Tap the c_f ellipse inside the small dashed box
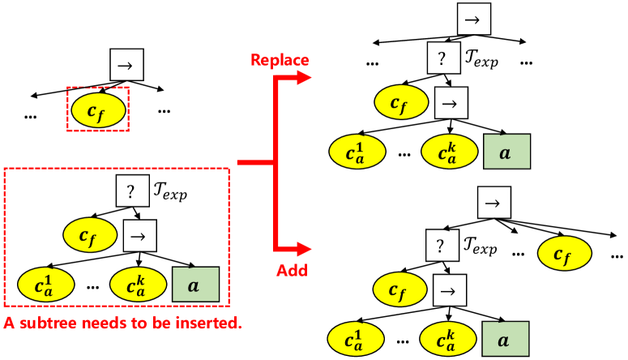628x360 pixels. [98, 109]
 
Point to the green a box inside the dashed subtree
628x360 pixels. [195, 285]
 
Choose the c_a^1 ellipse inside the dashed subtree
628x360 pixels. [45, 285]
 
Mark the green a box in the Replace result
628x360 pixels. [506, 152]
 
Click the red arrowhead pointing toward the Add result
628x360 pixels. [305, 247]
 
